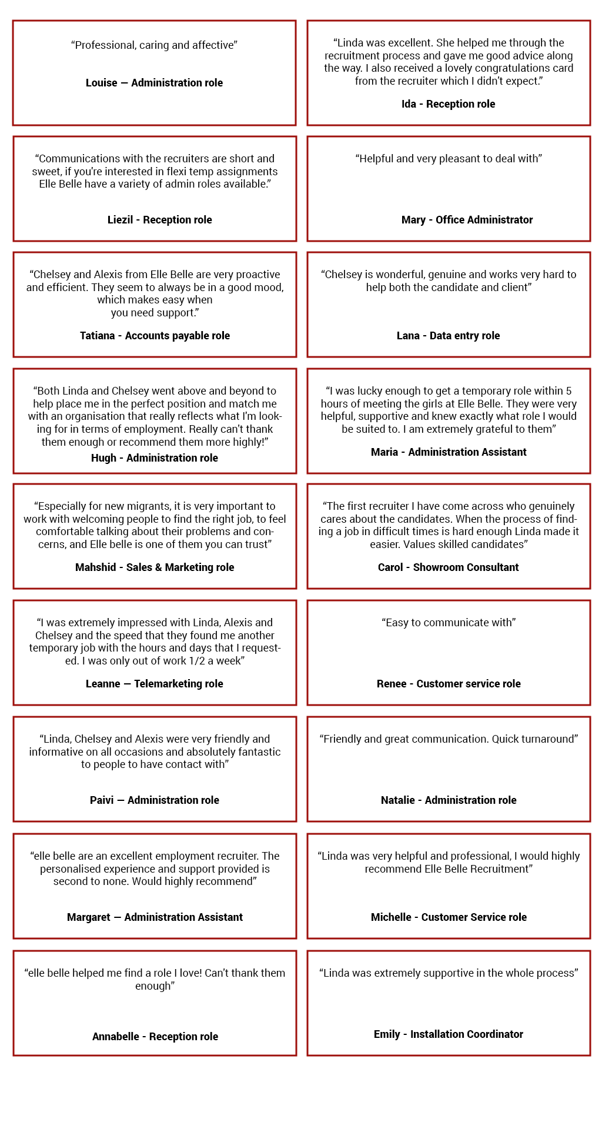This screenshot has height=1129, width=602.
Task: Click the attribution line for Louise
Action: (154, 83)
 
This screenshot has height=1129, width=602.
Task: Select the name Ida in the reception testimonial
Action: (409, 104)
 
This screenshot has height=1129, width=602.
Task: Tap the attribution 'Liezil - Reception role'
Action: (159, 220)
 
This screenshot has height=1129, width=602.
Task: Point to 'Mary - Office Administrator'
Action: (467, 220)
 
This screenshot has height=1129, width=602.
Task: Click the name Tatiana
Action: (97, 336)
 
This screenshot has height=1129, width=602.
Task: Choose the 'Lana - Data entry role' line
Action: (448, 336)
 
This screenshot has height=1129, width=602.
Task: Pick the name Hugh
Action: (103, 458)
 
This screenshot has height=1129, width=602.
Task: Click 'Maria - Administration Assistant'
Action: (449, 452)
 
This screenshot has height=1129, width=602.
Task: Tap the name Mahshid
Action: (95, 567)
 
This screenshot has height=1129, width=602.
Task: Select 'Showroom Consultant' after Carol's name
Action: (466, 567)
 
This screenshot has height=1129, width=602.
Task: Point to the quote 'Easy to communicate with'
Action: (449, 623)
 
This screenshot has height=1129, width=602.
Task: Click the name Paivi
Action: (101, 800)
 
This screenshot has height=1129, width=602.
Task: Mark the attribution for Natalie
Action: (449, 800)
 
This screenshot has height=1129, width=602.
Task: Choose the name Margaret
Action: (88, 917)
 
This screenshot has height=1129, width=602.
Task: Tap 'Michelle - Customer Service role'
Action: (449, 917)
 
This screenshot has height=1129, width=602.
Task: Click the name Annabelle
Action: (115, 1037)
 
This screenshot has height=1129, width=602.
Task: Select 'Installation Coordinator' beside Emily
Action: (466, 1034)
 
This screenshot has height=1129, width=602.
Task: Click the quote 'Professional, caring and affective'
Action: (154, 45)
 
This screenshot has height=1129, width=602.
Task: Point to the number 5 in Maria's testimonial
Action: (568, 391)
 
